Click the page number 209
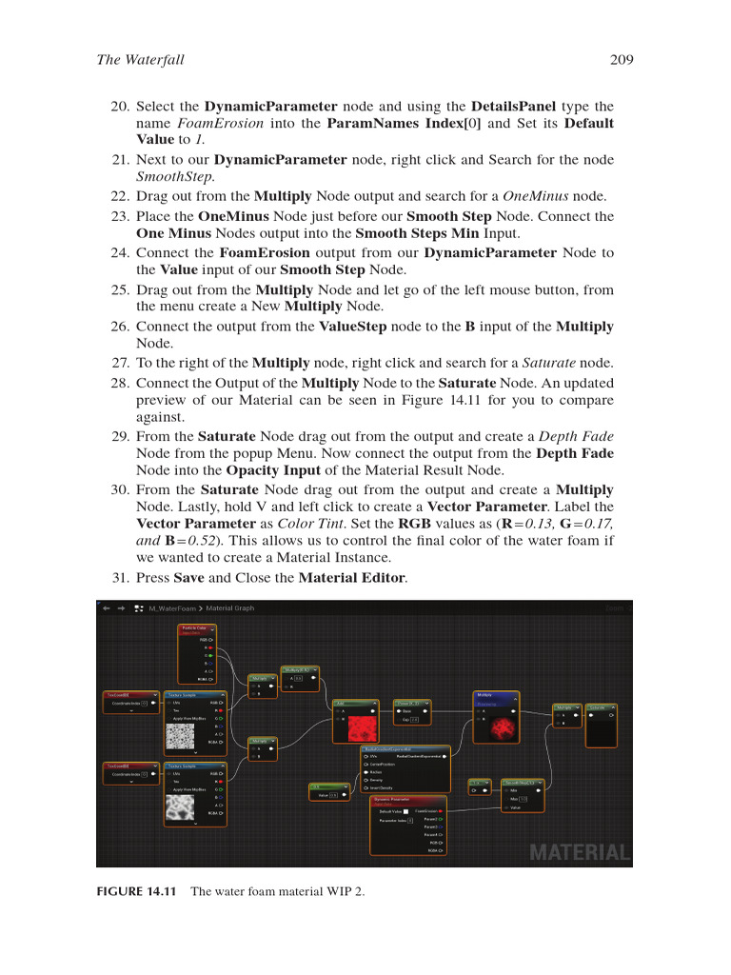622,61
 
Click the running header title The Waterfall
141,61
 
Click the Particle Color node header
197,629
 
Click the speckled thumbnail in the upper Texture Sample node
181,736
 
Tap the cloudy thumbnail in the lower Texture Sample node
181,808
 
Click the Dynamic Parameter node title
390,800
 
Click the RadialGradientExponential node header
405,749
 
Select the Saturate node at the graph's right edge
602,707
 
